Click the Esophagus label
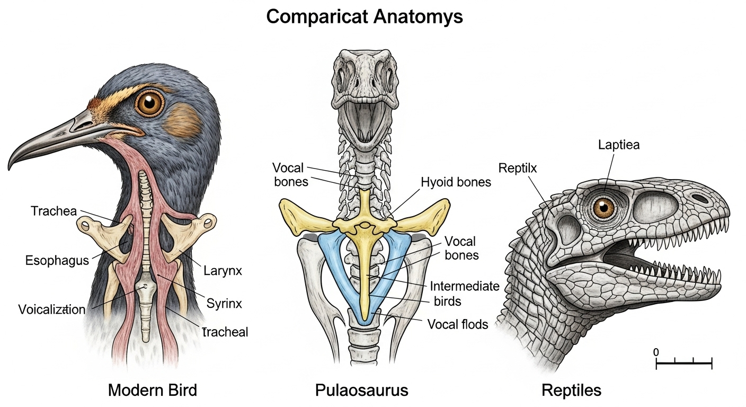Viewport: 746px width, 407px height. click(57, 260)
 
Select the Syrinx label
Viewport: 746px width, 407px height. click(224, 304)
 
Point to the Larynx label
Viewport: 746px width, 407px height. click(223, 271)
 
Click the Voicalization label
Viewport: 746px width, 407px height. click(52, 309)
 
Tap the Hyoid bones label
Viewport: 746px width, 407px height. click(456, 182)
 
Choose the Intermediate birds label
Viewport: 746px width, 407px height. click(465, 294)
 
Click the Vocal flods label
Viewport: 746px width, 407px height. click(457, 324)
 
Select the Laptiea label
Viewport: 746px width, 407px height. click(619, 144)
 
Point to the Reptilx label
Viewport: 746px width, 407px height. click(518, 168)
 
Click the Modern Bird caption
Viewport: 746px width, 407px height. click(153, 391)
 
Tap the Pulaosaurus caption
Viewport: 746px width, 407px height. click(362, 391)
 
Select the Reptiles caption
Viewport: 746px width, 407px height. click(572, 391)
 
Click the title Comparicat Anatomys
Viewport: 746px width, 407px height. click(365, 17)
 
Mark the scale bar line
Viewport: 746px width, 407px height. click(683, 364)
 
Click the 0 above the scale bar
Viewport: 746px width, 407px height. click(656, 352)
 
